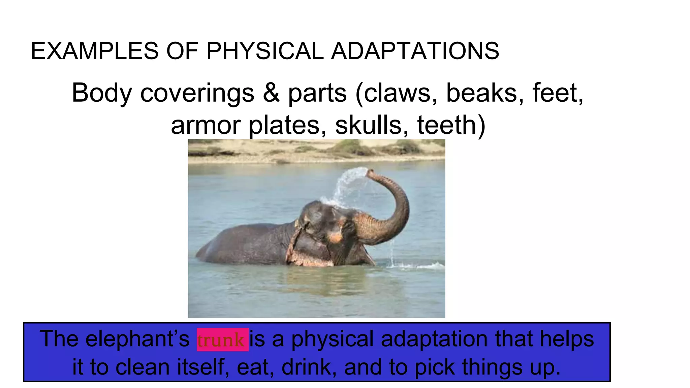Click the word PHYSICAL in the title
pos(265,51)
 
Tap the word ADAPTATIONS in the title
pos(415,51)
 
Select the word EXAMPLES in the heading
pos(94,51)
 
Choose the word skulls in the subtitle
pos(372,125)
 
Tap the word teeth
pos(451,125)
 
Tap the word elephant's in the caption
pos(137,338)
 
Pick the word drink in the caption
pos(309,367)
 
